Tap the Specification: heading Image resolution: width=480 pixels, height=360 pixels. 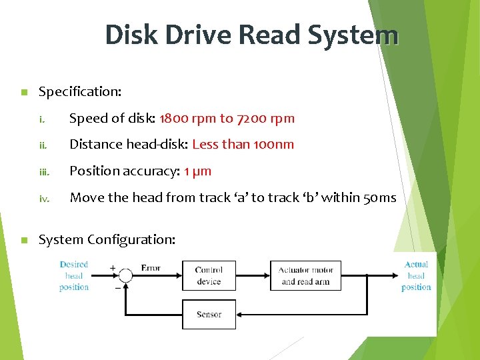pyautogui.click(x=80, y=91)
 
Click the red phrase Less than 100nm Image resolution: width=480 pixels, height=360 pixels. pyautogui.click(x=243, y=144)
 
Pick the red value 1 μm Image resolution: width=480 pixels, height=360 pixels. pyautogui.click(x=197, y=171)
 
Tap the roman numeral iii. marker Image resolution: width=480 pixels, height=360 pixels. pyautogui.click(x=44, y=171)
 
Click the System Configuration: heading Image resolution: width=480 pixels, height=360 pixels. pyautogui.click(x=107, y=239)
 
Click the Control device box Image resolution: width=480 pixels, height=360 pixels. pyautogui.click(x=209, y=275)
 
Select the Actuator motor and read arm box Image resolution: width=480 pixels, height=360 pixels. pyautogui.click(x=305, y=275)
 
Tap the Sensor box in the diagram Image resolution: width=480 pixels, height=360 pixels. pyautogui.click(x=209, y=314)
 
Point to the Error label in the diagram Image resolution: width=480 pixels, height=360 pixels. pyautogui.click(x=151, y=268)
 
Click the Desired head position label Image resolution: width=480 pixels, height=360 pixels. pyautogui.click(x=74, y=276)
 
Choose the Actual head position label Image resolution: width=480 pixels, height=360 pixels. pyautogui.click(x=416, y=276)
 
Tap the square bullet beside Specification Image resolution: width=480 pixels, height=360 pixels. pyautogui.click(x=23, y=92)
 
